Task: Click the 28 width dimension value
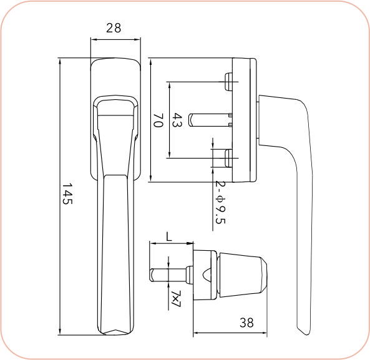tap(114, 28)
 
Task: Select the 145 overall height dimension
tap(68, 195)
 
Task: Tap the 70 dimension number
tap(158, 120)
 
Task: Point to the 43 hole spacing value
tap(177, 120)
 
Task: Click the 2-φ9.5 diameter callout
tap(219, 202)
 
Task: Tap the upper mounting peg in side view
tap(228, 80)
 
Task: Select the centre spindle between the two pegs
tap(210, 119)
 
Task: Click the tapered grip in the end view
tap(242, 275)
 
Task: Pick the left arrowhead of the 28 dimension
tap(93, 39)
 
